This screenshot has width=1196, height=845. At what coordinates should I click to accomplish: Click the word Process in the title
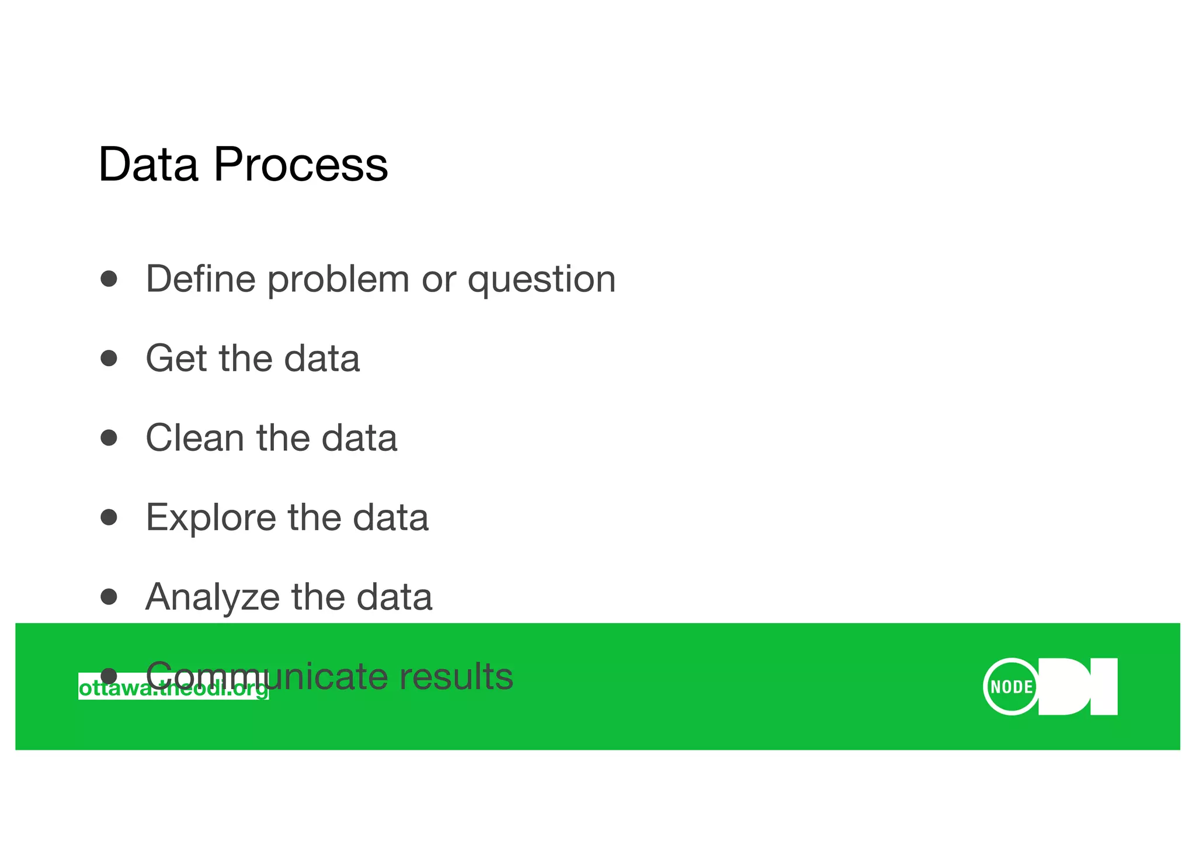[300, 165]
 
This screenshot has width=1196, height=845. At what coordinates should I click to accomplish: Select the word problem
[338, 280]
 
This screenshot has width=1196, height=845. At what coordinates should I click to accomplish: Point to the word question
[541, 280]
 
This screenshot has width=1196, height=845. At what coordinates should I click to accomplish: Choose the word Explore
[210, 518]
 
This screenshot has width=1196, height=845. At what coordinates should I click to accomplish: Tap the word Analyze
[212, 597]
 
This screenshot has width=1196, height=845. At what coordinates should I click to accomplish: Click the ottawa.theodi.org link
[173, 688]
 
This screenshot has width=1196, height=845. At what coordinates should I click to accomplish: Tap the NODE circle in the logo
[1011, 687]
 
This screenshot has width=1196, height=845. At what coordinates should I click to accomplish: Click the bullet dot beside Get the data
[109, 358]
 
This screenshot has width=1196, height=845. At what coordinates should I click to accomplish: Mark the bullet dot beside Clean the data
[109, 437]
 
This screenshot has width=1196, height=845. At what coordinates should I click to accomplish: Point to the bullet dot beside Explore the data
[109, 517]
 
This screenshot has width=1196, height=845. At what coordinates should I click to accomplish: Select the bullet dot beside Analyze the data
[109, 596]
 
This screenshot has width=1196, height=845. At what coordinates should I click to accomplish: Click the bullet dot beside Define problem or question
[109, 279]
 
